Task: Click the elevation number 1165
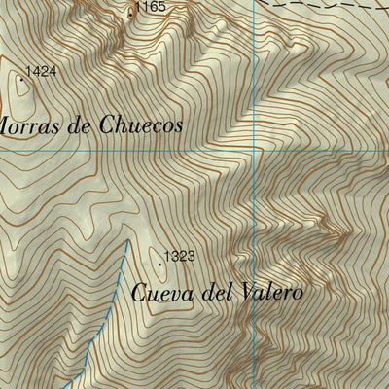point(151,7)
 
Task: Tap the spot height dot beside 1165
point(131,13)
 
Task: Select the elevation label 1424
point(41,71)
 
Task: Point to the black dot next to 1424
point(21,76)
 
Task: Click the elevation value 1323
point(180,257)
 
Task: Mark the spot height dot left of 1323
point(160,261)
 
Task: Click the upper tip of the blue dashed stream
point(127,240)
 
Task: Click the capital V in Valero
point(243,291)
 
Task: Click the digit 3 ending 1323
point(193,257)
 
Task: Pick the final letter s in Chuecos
point(177,125)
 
